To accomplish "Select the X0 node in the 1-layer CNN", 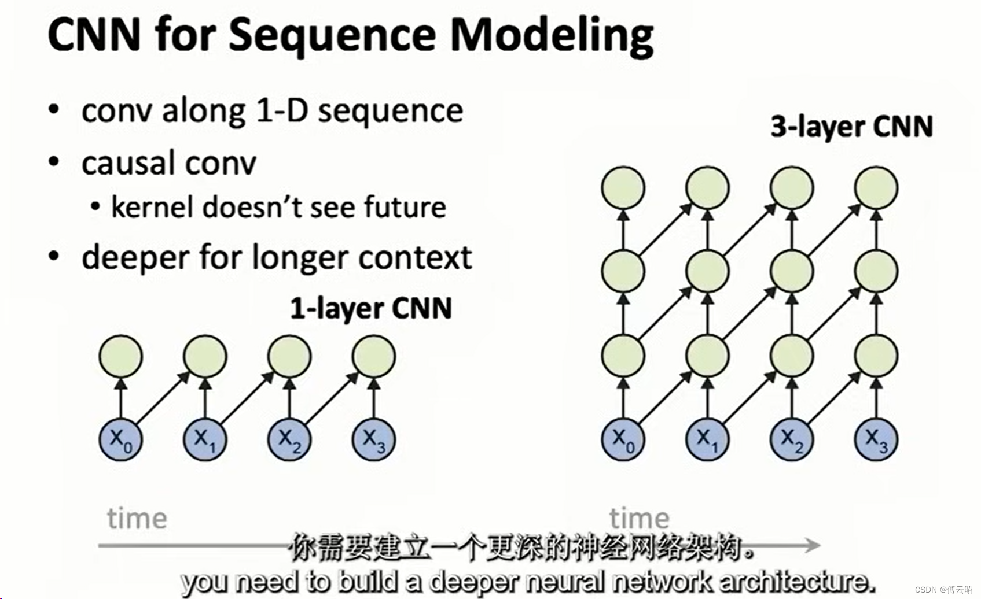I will (120, 439).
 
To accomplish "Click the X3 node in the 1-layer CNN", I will (373, 439).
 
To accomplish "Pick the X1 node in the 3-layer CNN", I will (707, 439).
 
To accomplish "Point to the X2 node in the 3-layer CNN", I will (791, 439).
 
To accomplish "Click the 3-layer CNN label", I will (851, 127).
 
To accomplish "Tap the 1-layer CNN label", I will (370, 308).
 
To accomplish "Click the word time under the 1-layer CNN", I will (137, 518).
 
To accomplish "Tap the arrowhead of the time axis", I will (814, 545).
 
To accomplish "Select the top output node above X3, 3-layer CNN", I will (876, 187).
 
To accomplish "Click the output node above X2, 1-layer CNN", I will (289, 356).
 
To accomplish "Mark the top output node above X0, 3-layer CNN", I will (623, 187).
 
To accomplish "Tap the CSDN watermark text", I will (943, 589).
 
